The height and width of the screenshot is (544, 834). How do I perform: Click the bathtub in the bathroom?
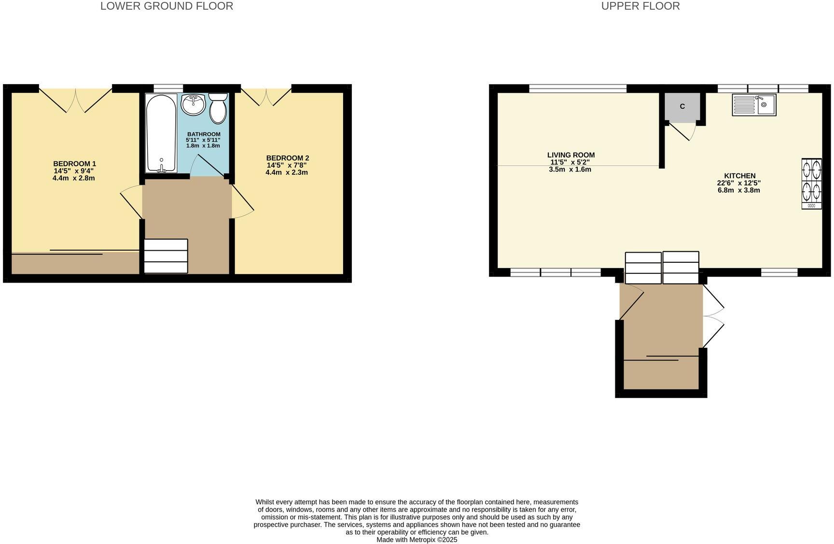pyautogui.click(x=161, y=133)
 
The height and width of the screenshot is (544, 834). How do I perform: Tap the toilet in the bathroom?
pyautogui.click(x=218, y=109)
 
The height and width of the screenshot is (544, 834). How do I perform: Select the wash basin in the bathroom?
pyautogui.click(x=194, y=104)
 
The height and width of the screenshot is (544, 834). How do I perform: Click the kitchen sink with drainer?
pyautogui.click(x=754, y=105)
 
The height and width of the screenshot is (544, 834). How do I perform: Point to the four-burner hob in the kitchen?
pyautogui.click(x=811, y=184)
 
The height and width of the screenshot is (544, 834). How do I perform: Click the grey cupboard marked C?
pyautogui.click(x=682, y=106)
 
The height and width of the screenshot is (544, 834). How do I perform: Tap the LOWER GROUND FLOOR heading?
pyautogui.click(x=167, y=6)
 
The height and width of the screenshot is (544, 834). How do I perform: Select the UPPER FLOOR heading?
pyautogui.click(x=640, y=6)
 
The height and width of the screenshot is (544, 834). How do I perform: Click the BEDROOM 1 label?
pyautogui.click(x=74, y=164)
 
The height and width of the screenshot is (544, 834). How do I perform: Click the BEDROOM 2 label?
pyautogui.click(x=287, y=158)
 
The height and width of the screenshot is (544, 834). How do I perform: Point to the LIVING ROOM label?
pyautogui.click(x=570, y=155)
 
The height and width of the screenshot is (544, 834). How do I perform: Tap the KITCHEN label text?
pyautogui.click(x=739, y=176)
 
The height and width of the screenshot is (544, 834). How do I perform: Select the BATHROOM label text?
pyautogui.click(x=204, y=134)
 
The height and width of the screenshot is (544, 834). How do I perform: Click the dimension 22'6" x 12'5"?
pyautogui.click(x=738, y=183)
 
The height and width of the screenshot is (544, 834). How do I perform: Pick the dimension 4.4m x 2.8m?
pyautogui.click(x=73, y=178)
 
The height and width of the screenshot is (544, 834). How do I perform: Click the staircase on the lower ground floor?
pyautogui.click(x=166, y=256)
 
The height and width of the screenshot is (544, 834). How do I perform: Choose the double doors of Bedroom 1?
pyautogui.click(x=75, y=100)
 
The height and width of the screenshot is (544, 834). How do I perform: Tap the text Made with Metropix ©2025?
pyautogui.click(x=417, y=540)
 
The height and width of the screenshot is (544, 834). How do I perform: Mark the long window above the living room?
pyautogui.click(x=577, y=88)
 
